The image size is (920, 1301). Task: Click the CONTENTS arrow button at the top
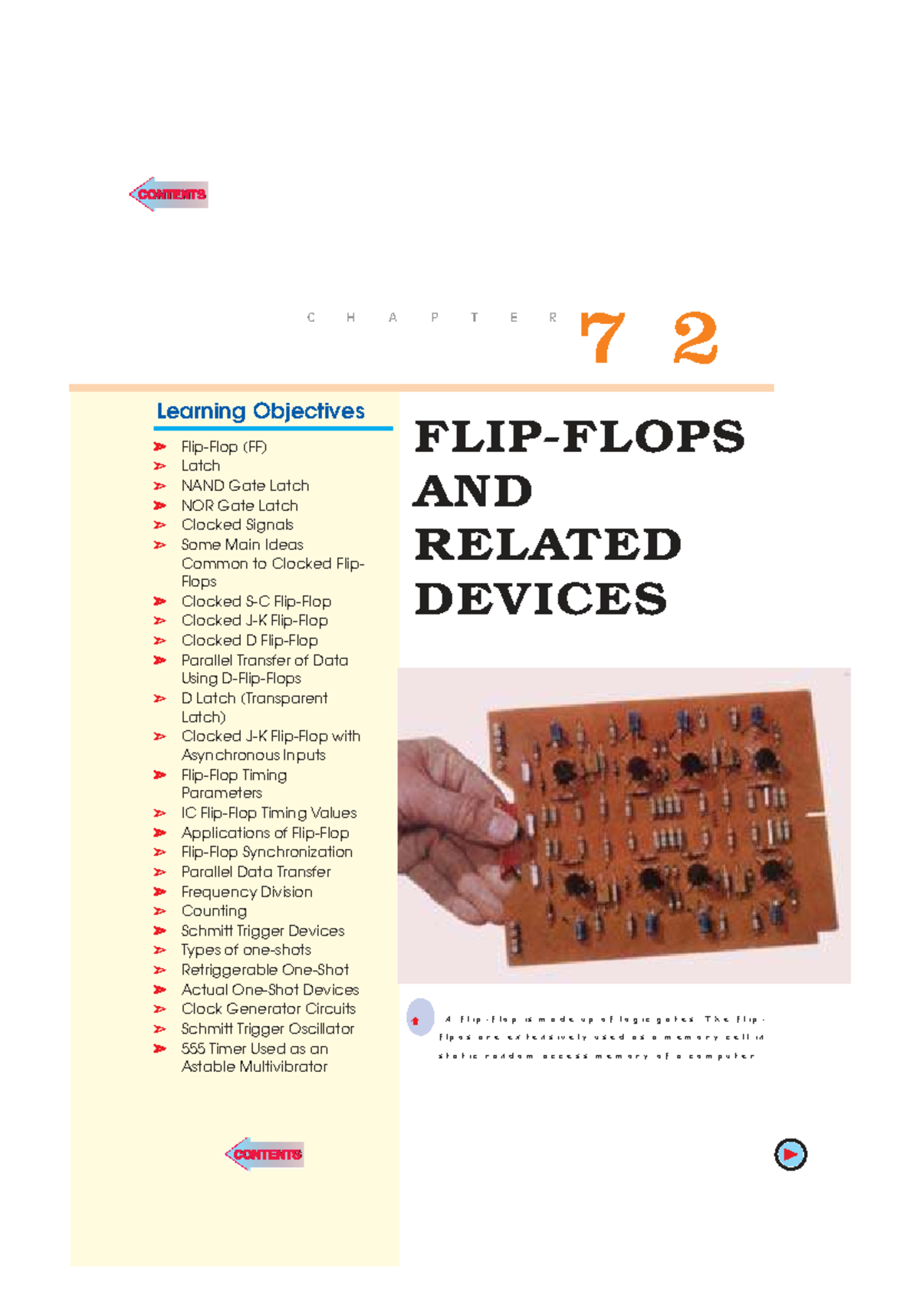(x=169, y=194)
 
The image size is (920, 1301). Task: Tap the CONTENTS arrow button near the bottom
(x=265, y=1154)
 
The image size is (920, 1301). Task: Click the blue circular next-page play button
(x=790, y=1154)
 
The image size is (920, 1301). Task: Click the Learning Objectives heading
(x=261, y=411)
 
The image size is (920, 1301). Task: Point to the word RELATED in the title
(x=547, y=545)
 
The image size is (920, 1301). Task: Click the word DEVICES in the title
(x=540, y=599)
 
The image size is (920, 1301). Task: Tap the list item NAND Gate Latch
(x=245, y=486)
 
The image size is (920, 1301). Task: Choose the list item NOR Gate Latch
(x=239, y=506)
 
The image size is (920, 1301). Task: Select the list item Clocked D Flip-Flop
(x=249, y=641)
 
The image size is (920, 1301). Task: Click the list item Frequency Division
(x=247, y=892)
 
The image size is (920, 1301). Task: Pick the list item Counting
(x=214, y=911)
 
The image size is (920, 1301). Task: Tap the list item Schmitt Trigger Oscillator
(x=268, y=1029)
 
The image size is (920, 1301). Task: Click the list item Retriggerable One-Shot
(x=264, y=970)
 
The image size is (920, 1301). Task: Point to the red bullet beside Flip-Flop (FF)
(x=159, y=447)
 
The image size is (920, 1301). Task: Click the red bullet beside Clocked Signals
(x=159, y=525)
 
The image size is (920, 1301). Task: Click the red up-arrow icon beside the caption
(x=416, y=1021)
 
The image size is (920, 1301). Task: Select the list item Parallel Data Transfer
(x=256, y=872)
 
